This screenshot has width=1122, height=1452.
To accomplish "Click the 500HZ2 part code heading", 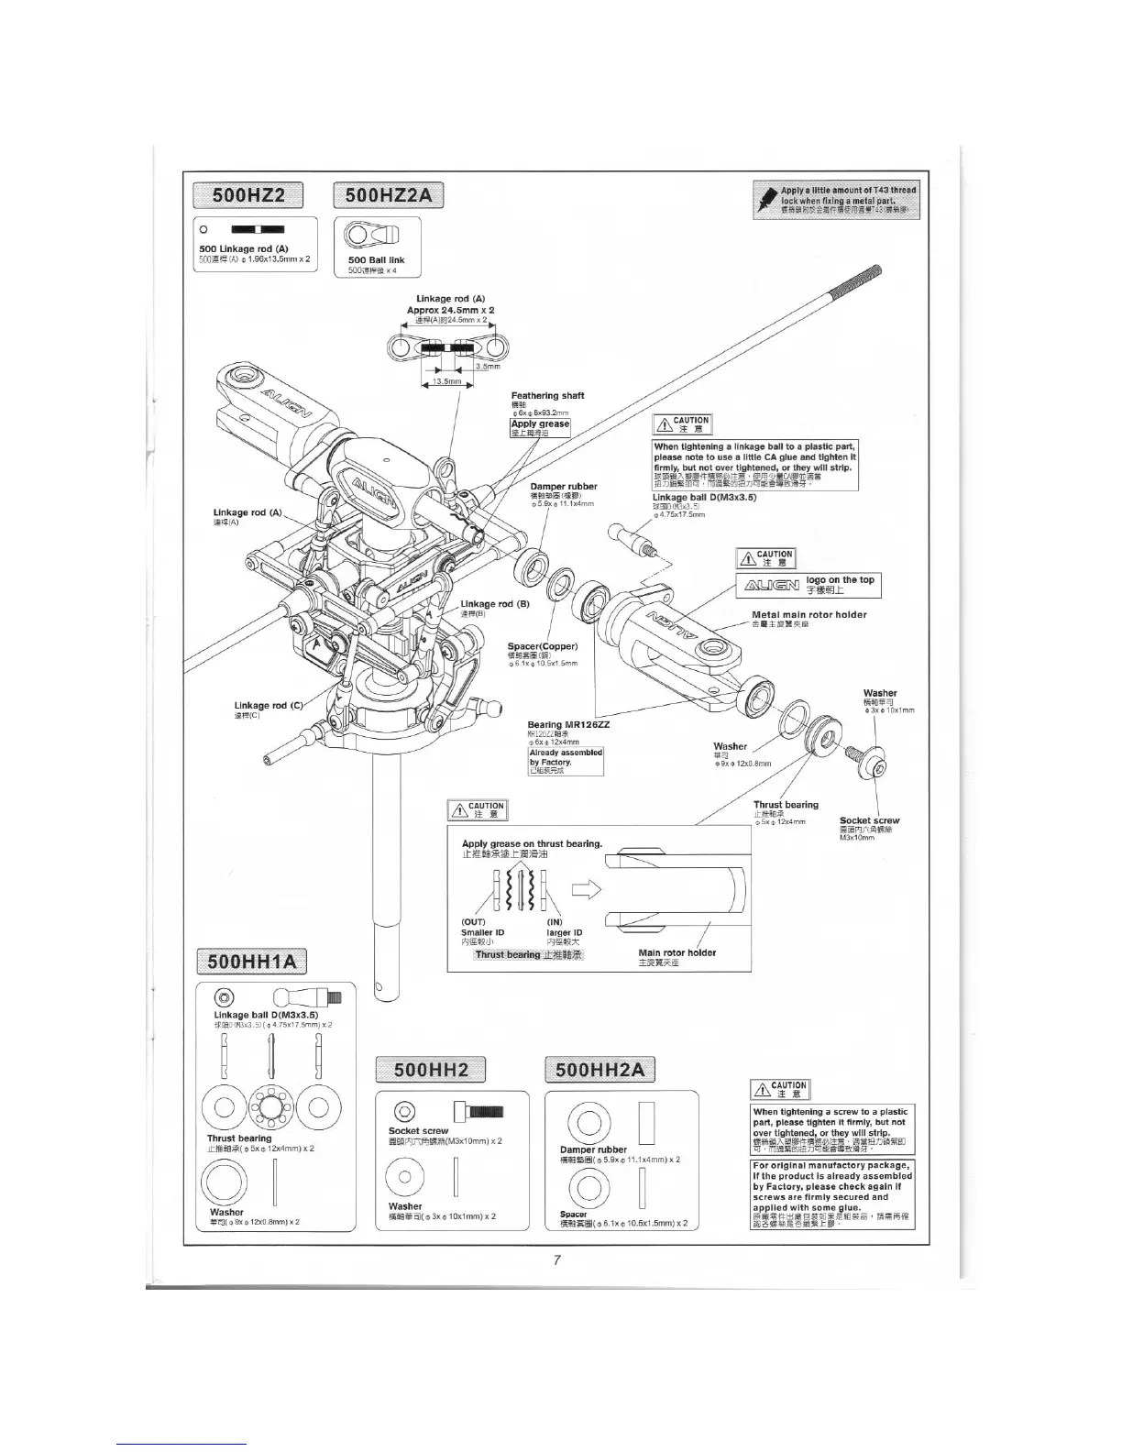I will coord(248,195).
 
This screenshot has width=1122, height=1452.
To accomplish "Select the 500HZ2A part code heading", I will coord(389,195).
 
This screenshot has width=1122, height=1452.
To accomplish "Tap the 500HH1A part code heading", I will coord(253,962).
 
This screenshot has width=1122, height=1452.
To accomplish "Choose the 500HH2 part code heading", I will coord(431,1070).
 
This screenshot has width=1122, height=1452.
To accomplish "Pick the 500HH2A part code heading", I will coord(600,1070).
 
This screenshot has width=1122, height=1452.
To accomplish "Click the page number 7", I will coord(556,1259).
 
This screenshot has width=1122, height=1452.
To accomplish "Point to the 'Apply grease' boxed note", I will coord(540,424).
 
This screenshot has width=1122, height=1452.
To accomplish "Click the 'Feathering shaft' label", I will coord(547,396).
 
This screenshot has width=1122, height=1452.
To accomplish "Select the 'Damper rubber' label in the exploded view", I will coord(564,487).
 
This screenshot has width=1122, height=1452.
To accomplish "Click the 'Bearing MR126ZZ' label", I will coord(568,724).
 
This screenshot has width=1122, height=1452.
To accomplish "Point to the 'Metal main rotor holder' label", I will coord(808,615).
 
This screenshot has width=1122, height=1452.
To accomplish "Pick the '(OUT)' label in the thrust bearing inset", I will coord(474,922).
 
